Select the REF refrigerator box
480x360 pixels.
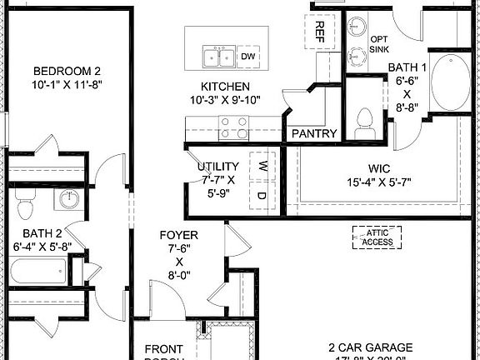[319, 31]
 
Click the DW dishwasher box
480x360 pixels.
[247, 57]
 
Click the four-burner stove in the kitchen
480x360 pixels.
[232, 127]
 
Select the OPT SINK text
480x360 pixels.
[379, 44]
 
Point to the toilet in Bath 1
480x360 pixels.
[363, 123]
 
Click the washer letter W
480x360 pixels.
[260, 164]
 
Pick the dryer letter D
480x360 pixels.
[260, 196]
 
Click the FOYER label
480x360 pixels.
[178, 236]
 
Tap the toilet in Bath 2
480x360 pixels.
[24, 204]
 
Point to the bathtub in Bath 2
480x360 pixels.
[38, 271]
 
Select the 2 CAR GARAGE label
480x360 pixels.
[370, 346]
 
